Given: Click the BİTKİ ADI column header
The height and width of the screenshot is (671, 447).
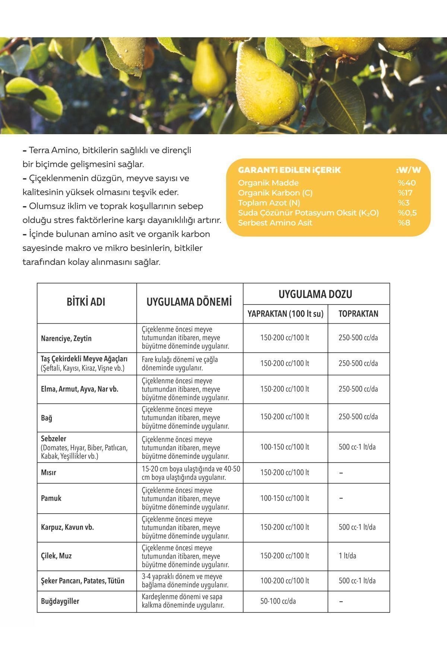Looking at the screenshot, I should (x=86, y=302).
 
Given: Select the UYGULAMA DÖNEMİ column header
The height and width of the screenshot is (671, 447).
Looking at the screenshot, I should (x=189, y=302).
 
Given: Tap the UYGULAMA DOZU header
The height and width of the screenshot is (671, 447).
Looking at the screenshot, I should (x=316, y=294).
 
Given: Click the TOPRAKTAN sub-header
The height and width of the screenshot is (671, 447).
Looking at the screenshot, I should (x=358, y=314).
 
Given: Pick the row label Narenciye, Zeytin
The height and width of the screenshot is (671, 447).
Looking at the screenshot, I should (x=66, y=338).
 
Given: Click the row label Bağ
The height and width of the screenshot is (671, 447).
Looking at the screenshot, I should (x=47, y=418).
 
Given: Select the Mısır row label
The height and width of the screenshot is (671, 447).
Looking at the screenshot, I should (x=49, y=473).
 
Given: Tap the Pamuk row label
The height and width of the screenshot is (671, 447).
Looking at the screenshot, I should (x=51, y=498).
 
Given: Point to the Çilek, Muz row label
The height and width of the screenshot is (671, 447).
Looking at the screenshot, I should (x=56, y=556).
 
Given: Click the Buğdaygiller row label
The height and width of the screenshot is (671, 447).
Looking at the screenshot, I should (x=60, y=601).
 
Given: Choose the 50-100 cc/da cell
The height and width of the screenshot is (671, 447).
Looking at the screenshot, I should (x=278, y=601).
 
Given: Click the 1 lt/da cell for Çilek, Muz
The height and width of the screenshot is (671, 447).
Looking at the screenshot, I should (x=347, y=556).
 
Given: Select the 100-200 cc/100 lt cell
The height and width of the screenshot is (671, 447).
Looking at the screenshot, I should (x=285, y=580).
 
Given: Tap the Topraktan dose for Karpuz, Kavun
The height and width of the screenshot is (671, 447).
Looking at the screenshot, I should (x=357, y=527).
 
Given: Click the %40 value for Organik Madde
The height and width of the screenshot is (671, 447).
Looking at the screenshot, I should (x=407, y=183).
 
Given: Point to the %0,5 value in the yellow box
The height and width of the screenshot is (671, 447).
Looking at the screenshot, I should (x=407, y=213).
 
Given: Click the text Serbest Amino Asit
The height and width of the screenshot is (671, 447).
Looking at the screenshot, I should (x=275, y=223).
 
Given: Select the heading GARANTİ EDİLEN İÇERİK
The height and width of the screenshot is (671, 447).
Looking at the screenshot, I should (x=289, y=170).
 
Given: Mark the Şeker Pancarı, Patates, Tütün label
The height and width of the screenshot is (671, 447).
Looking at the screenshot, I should (x=83, y=581).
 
